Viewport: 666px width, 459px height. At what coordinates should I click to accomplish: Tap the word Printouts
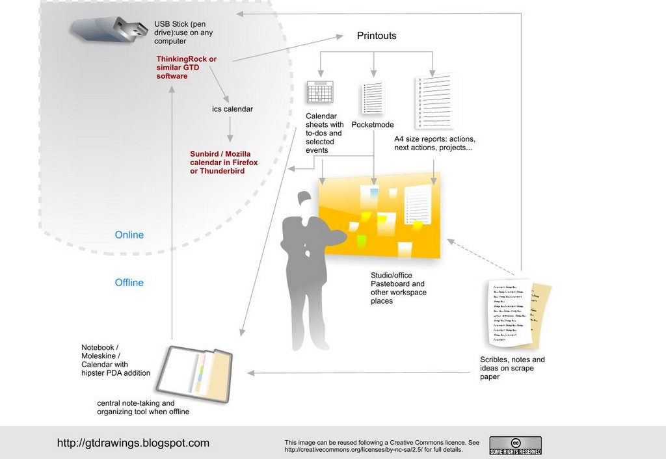coord(377,36)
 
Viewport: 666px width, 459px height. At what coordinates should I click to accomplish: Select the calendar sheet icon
coord(319,92)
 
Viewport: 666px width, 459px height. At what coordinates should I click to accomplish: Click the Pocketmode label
coord(373,124)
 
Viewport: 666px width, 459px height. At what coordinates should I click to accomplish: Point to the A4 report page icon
coord(433,101)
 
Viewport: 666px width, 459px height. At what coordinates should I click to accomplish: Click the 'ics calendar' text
coord(232,109)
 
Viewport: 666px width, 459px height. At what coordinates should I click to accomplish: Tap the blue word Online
coord(129,235)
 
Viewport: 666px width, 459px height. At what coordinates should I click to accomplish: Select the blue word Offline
coord(129,282)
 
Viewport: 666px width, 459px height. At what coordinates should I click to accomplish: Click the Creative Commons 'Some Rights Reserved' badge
coord(515,445)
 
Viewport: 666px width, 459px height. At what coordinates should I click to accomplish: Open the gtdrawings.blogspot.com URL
coord(133,443)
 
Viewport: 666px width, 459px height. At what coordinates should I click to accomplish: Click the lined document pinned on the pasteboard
coord(418,204)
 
